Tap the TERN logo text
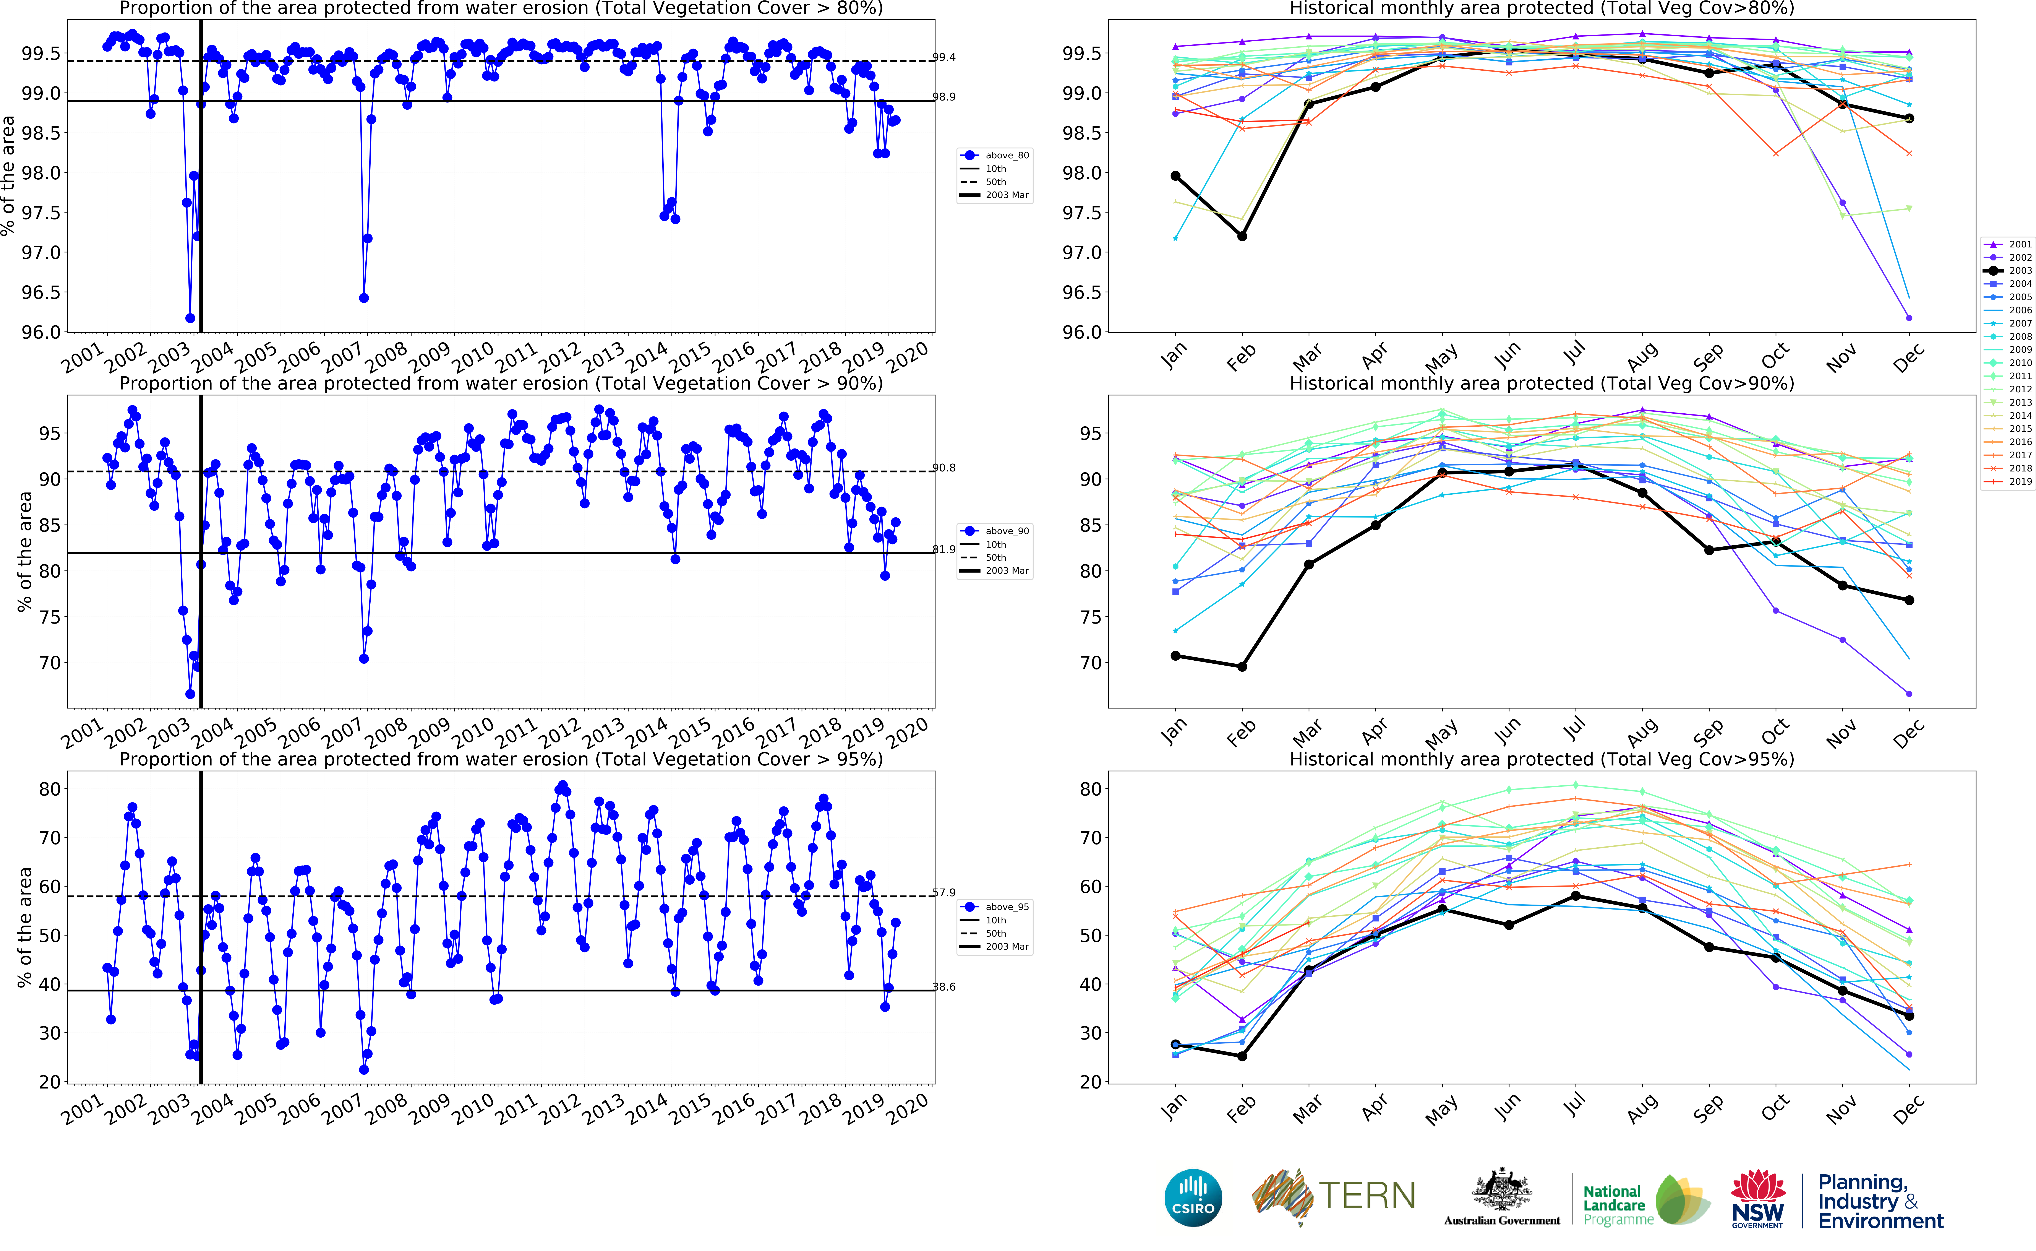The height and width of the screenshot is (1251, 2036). [1366, 1196]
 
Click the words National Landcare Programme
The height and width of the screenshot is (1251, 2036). [1617, 1205]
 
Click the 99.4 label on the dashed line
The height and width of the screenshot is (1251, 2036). [943, 57]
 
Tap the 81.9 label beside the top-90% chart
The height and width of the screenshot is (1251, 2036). [943, 549]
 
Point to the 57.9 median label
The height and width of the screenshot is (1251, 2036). [943, 893]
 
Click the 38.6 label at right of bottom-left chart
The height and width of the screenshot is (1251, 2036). [943, 987]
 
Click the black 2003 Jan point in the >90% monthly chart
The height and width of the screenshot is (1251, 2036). [1175, 656]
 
